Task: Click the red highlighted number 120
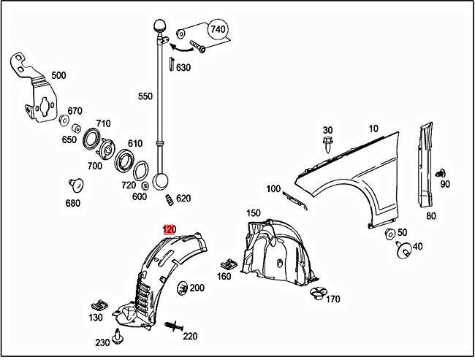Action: (x=169, y=229)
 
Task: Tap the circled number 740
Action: (x=218, y=31)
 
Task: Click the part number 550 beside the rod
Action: (x=145, y=96)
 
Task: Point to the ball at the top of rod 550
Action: (x=159, y=26)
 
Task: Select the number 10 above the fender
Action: (x=373, y=129)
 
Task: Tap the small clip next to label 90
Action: (x=440, y=174)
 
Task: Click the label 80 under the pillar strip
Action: (x=430, y=215)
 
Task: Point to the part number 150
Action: (x=253, y=213)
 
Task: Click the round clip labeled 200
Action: (x=182, y=288)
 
